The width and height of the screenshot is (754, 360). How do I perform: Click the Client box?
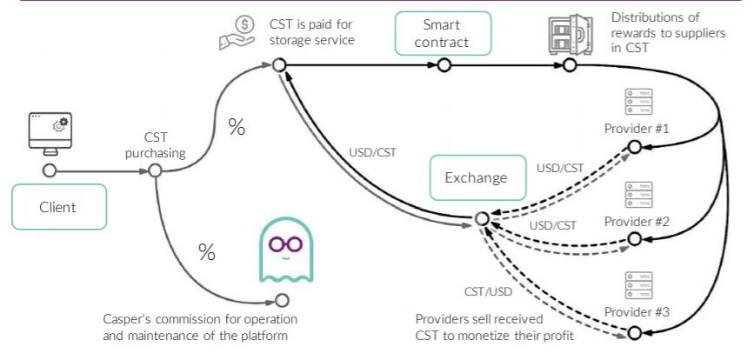click(58, 208)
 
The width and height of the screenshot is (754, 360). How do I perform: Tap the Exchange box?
click(477, 177)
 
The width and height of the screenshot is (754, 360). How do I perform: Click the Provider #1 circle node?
click(635, 147)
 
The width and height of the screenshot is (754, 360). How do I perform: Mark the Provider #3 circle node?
click(635, 331)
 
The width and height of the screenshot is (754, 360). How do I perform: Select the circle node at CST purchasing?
click(156, 170)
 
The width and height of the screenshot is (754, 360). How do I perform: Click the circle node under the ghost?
click(281, 300)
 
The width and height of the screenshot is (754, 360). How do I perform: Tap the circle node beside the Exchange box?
click(481, 220)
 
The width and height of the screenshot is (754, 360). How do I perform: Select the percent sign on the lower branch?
click(207, 252)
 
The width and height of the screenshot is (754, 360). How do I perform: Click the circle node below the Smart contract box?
click(444, 65)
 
